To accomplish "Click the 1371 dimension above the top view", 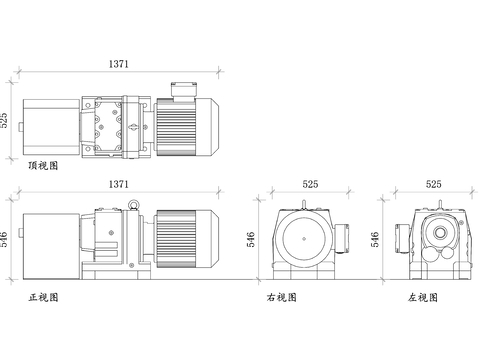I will (x=118, y=64).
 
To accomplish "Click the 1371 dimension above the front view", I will (x=118, y=184).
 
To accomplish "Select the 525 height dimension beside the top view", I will (x=5, y=121).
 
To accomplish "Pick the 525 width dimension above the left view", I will (x=433, y=184).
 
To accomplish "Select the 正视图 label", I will (x=43, y=297).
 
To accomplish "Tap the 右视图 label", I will (x=282, y=297).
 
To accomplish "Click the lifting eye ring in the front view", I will (x=131, y=204).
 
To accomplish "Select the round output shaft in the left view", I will (x=438, y=231).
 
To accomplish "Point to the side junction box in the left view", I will (x=402, y=237).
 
